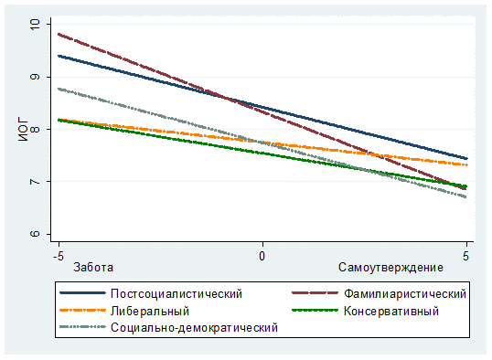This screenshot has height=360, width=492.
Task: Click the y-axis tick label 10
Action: (x=35, y=24)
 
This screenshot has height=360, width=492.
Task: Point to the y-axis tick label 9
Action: (x=35, y=77)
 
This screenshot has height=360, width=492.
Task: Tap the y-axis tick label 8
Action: (x=35, y=129)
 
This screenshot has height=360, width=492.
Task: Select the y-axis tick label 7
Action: (x=35, y=182)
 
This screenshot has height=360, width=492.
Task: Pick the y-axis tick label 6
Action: (x=35, y=234)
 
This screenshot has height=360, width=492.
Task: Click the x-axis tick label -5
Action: (x=59, y=256)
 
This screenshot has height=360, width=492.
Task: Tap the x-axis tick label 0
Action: (x=262, y=256)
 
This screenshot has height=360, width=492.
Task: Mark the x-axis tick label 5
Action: (x=465, y=256)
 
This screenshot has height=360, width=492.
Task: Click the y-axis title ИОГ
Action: (x=23, y=131)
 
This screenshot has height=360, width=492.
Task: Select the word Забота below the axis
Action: (x=93, y=268)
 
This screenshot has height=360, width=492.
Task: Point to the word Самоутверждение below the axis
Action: (x=390, y=268)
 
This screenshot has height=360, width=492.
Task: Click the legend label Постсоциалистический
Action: (x=176, y=294)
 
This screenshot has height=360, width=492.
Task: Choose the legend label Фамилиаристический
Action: (x=405, y=294)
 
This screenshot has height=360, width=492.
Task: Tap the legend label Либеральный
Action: (x=150, y=311)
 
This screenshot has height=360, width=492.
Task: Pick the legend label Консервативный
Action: (x=391, y=311)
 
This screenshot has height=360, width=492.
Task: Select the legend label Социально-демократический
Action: (x=194, y=328)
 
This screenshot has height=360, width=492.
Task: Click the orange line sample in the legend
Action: (x=82, y=310)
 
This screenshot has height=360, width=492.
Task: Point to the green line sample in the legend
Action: (x=315, y=310)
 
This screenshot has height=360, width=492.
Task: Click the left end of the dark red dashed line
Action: (x=59, y=34)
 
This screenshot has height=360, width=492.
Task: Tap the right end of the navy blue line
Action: (x=467, y=159)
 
